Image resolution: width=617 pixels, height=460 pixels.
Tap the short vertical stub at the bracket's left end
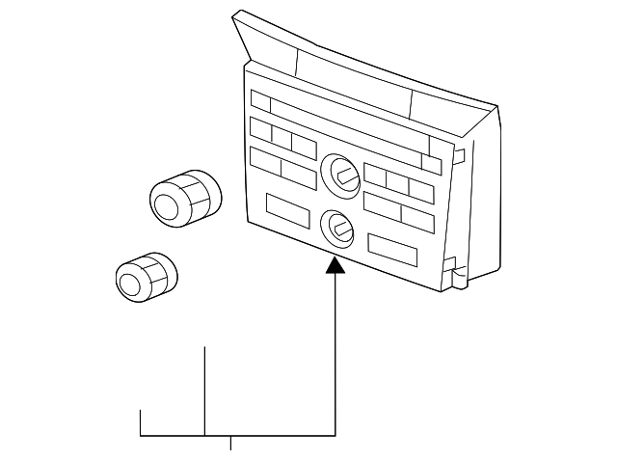142,422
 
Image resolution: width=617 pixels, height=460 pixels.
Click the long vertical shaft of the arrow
335,357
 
